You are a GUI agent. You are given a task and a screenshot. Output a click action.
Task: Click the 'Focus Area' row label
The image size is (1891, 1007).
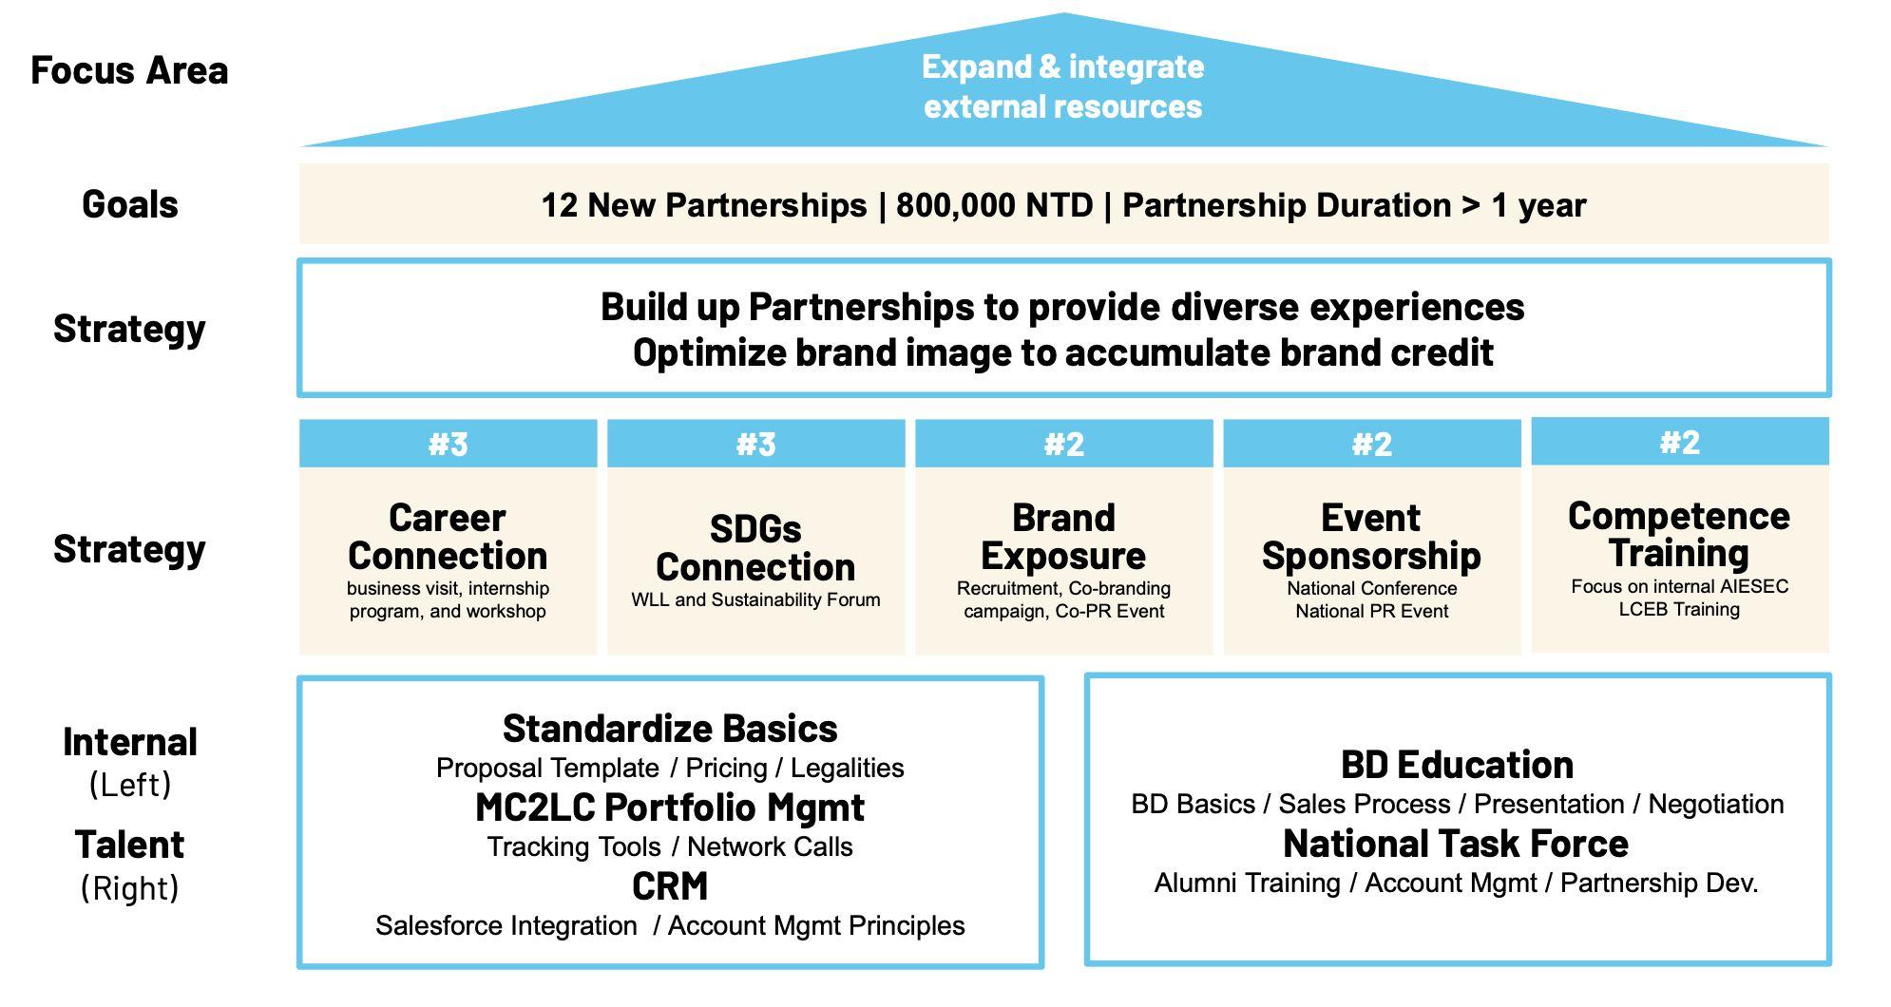[x=129, y=70]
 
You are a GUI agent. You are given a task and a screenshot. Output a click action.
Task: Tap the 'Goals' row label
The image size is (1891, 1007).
[x=130, y=204]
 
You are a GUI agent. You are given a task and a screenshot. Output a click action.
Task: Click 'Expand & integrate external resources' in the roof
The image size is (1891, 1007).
[x=1062, y=86]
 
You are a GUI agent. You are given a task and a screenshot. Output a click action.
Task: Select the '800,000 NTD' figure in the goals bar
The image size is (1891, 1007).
[x=994, y=205]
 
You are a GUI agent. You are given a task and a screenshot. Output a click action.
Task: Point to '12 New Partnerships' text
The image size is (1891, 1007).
[x=703, y=205]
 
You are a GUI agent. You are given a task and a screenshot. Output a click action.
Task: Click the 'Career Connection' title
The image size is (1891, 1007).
[x=448, y=537]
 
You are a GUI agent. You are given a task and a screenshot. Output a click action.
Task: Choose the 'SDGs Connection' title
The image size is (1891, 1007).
[x=755, y=548]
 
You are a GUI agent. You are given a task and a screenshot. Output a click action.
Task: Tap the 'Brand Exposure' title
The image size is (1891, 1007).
[x=1063, y=537]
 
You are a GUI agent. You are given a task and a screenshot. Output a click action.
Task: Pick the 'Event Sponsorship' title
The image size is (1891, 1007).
[x=1371, y=537]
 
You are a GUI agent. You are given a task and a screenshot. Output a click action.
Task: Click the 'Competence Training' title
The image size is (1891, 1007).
[x=1679, y=535]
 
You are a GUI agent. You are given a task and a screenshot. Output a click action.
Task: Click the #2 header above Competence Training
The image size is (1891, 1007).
[x=1679, y=442]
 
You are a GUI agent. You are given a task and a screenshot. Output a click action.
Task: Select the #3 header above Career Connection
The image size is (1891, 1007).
[x=448, y=444]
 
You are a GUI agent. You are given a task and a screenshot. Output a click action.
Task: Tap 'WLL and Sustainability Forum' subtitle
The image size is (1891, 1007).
[x=755, y=599]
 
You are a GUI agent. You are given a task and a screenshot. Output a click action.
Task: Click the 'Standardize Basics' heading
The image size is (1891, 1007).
[x=670, y=729]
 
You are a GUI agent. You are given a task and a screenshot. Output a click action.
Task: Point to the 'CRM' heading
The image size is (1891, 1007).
[x=670, y=886]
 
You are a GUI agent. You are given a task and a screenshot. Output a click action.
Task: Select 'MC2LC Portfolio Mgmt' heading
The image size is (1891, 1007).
[x=670, y=807]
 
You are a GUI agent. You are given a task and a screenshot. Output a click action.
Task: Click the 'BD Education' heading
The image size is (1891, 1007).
[x=1457, y=765]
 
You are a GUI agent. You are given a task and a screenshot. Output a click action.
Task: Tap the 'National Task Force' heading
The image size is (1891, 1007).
[x=1456, y=844]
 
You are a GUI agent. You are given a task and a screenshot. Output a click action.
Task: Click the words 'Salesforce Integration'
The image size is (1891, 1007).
[x=506, y=925]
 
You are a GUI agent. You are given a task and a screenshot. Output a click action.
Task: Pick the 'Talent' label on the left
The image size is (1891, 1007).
[x=130, y=845]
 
